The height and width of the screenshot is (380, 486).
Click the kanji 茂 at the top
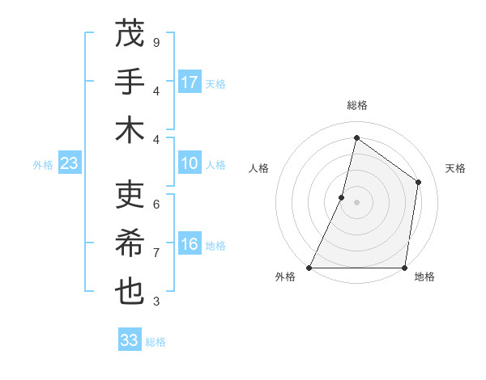pos(130,35)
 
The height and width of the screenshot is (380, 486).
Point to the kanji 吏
pos(130,195)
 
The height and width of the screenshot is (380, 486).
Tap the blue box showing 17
pos(190,82)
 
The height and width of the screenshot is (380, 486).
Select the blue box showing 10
pos(190,163)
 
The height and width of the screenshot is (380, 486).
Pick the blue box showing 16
pos(190,244)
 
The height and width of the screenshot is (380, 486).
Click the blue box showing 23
pos(69,163)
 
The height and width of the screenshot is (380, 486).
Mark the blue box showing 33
pos(130,340)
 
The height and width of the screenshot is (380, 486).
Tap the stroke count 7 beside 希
pos(156,253)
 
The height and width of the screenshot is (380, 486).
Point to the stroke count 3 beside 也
pos(156,302)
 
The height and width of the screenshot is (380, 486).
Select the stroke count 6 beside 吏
pos(156,204)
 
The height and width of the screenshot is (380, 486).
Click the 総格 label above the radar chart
pos(356,105)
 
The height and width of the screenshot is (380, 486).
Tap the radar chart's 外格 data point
pos(309,268)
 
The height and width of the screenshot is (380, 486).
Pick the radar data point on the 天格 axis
pos(419,182)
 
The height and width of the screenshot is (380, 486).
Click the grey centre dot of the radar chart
pos(356,202)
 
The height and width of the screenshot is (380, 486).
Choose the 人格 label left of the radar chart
pos(258,169)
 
